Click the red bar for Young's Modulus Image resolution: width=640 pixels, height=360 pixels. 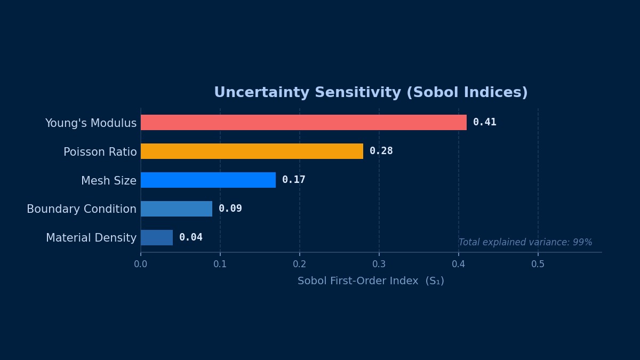pos(303,122)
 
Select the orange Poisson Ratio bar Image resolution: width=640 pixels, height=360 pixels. pos(252,151)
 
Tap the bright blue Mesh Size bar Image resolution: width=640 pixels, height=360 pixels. pos(208,180)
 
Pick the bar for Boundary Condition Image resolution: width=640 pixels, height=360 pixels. pos(177,209)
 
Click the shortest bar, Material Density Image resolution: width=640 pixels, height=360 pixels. pos(157,237)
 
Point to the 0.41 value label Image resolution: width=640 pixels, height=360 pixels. pos(484,122)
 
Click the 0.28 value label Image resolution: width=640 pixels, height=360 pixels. pos(381,151)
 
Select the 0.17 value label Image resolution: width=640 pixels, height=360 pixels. pos(293,180)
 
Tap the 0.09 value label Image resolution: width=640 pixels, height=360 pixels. pos(230,209)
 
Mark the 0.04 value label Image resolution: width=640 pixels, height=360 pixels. pos(190,237)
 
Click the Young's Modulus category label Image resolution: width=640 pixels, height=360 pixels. pos(91,123)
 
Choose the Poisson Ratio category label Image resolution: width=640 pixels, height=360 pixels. pos(100,152)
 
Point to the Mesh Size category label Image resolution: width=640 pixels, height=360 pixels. pos(109,181)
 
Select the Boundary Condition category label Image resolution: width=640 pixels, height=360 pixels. pos(82,209)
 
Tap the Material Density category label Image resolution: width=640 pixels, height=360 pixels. pos(91,238)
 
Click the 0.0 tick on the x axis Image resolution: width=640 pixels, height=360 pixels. pos(141,264)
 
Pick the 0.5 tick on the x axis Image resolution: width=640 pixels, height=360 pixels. pos(538,264)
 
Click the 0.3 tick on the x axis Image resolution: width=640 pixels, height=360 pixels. pos(379,264)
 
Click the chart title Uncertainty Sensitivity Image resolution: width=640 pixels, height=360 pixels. pos(371,93)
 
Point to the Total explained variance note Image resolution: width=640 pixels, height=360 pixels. pos(525,242)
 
